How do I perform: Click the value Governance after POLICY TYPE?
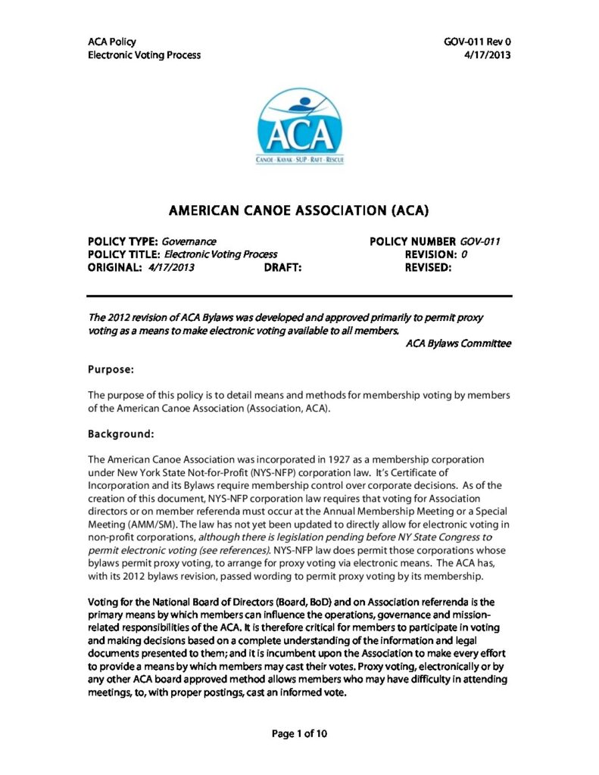[189, 241]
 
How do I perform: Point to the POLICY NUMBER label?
[413, 241]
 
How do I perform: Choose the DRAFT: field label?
[283, 267]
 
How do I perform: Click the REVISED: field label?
[429, 267]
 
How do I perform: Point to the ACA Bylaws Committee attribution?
[458, 344]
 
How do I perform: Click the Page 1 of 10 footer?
[300, 733]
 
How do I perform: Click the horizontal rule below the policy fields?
[300, 295]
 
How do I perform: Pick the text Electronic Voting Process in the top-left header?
[145, 55]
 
